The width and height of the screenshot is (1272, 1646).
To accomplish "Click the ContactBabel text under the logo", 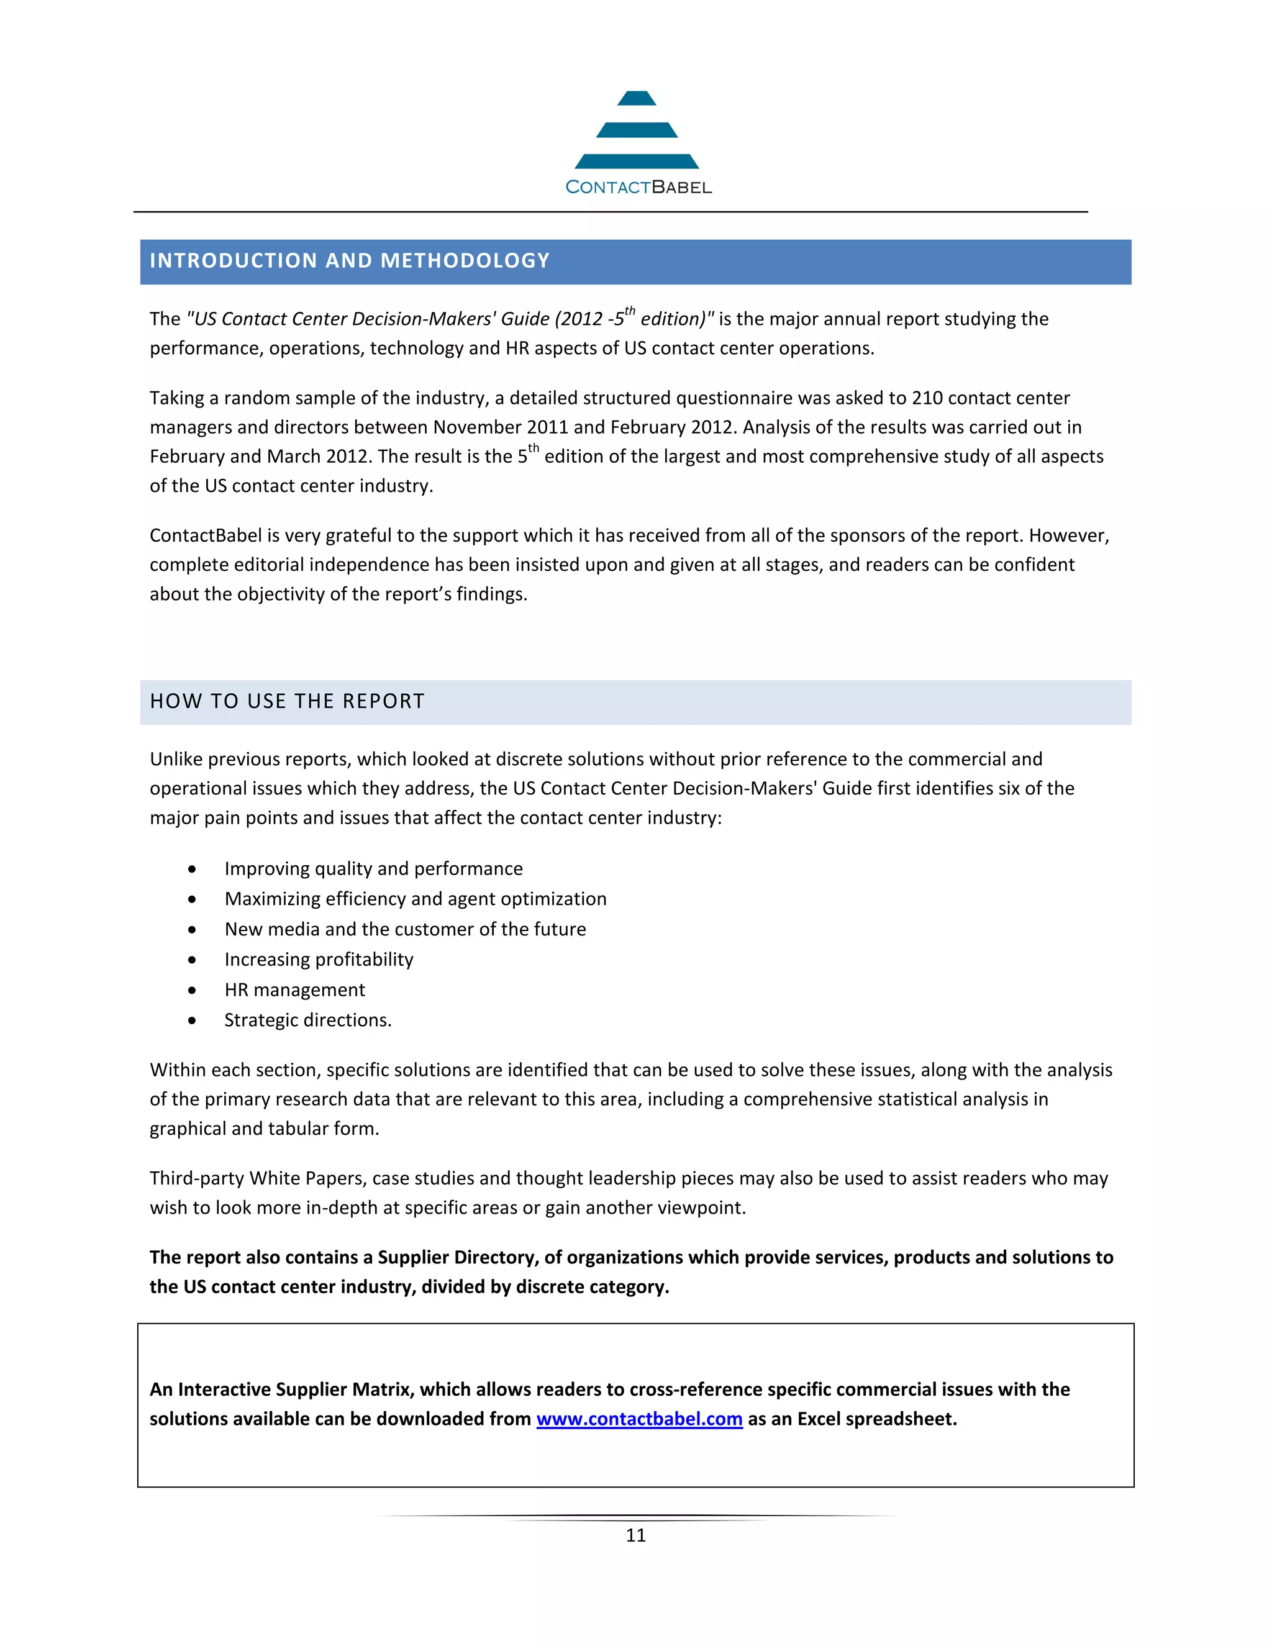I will point(638,187).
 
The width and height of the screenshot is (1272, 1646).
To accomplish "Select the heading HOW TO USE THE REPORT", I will point(287,702).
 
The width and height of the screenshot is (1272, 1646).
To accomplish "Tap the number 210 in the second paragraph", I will point(927,398).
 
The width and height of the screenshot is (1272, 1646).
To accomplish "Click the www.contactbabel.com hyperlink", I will point(639,1419).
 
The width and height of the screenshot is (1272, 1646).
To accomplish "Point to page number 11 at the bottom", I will point(635,1535).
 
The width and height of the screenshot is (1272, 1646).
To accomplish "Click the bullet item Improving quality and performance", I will point(373,869).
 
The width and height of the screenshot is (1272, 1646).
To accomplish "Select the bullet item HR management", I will point(294,989).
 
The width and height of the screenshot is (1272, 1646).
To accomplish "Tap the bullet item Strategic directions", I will point(307,1020).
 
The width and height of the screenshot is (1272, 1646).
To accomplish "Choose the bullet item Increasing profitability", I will point(319,960).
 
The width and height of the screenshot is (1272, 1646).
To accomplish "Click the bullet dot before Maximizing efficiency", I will point(192,899).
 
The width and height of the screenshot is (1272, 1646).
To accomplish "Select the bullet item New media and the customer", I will point(405,929).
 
